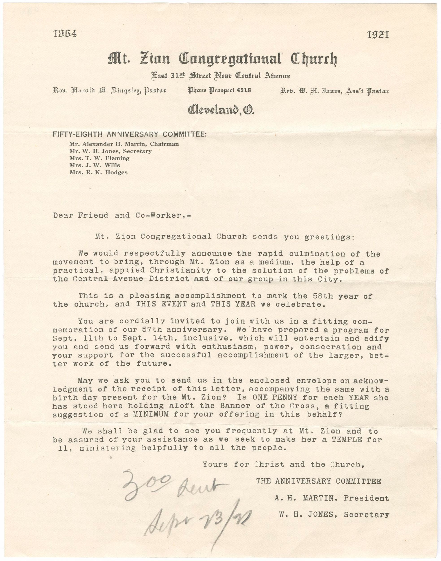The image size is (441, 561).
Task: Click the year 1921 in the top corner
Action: pos(378,35)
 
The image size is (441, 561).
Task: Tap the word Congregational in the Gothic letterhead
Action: pos(230,59)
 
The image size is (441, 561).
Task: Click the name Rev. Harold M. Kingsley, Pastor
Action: pos(109,91)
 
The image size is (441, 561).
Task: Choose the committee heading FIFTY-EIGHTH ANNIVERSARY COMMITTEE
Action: pos(129,134)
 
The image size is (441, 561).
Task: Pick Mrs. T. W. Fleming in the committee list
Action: pos(99,158)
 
